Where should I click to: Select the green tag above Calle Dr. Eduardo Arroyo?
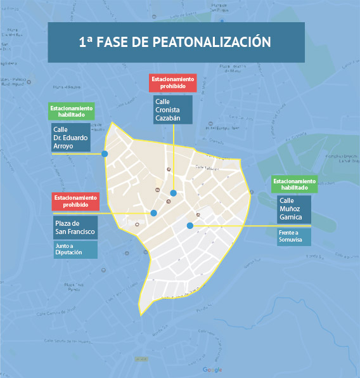[72, 112]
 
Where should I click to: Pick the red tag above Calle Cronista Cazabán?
[173, 82]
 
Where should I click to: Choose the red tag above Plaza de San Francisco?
[75, 202]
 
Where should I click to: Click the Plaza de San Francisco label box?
[75, 228]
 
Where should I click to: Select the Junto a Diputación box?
[75, 250]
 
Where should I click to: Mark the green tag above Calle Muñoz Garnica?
[294, 184]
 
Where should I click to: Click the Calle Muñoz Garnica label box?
[294, 209]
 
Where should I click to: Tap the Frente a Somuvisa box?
[294, 237]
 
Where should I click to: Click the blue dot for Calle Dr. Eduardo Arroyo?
[105, 153]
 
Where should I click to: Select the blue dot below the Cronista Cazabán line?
[173, 193]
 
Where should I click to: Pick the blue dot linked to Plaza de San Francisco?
[153, 213]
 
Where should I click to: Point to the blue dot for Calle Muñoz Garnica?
[190, 226]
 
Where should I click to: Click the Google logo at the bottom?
[212, 370]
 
